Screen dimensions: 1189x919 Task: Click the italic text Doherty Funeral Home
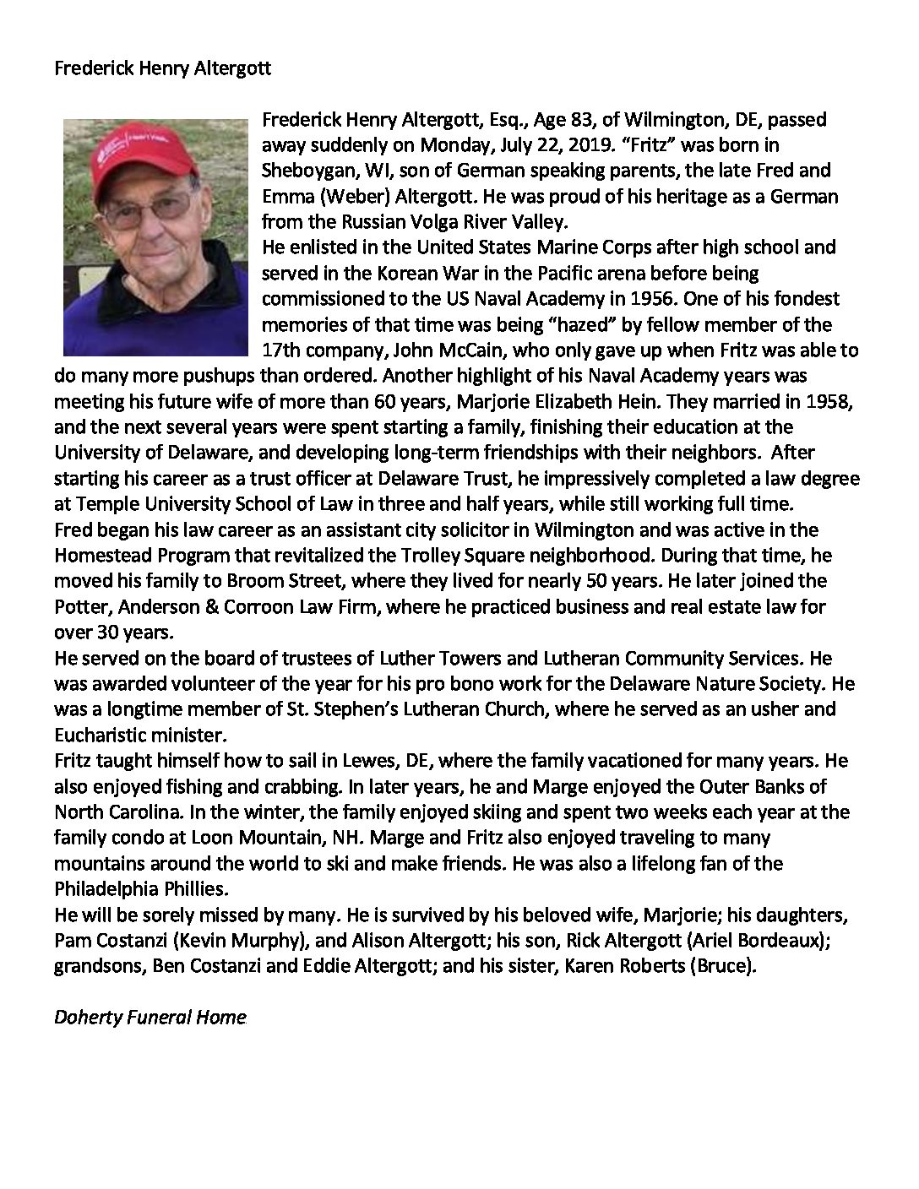click(x=150, y=1017)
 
